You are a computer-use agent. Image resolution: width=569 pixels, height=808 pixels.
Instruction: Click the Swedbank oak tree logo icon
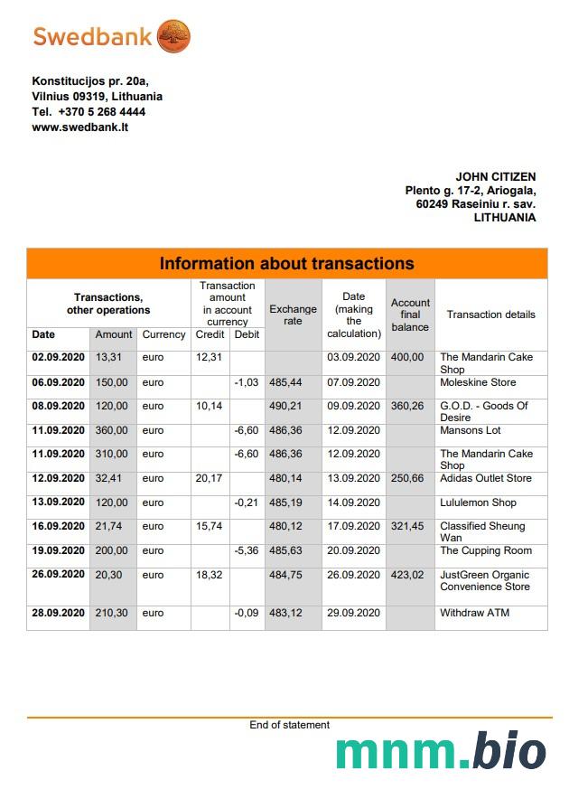[x=173, y=37]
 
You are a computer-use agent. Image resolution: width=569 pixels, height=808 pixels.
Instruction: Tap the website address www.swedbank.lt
[x=79, y=127]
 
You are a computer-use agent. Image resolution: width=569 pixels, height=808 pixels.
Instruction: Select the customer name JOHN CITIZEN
[x=495, y=177]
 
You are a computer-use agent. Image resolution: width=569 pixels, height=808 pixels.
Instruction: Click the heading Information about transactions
[x=286, y=264]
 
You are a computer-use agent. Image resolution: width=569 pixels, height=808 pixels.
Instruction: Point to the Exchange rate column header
[x=293, y=315]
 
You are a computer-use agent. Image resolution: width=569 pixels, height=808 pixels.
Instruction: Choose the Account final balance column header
[x=410, y=315]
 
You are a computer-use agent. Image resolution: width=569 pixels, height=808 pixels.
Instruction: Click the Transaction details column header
[x=490, y=315]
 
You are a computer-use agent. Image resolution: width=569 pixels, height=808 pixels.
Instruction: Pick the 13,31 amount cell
[x=107, y=357]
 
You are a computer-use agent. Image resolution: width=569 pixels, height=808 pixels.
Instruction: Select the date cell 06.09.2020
[x=58, y=382]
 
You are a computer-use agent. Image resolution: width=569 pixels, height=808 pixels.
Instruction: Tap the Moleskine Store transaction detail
[x=478, y=382]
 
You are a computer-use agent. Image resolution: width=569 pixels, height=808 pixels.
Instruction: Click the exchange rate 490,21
[x=285, y=406]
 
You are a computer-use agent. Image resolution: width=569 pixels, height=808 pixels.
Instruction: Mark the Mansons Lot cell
[x=470, y=430]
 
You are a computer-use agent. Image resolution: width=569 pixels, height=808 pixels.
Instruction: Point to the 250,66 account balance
[x=407, y=478]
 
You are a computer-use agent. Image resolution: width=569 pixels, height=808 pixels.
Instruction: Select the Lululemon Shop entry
[x=478, y=503]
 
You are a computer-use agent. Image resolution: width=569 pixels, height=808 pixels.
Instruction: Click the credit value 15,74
[x=210, y=526]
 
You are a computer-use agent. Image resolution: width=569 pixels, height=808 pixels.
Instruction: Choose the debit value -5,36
[x=247, y=550]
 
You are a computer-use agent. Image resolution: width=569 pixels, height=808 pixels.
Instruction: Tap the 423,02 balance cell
[x=407, y=575]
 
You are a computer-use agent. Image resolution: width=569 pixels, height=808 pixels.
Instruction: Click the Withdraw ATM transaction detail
[x=474, y=613]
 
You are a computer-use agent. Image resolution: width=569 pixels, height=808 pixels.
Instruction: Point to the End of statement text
[x=289, y=725]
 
